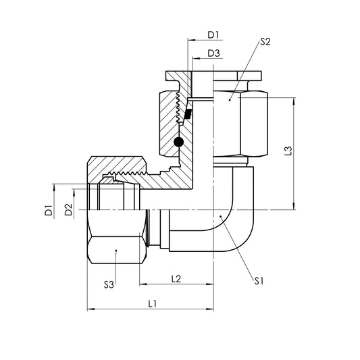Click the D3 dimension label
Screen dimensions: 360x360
(x=213, y=53)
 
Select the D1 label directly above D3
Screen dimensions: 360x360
(x=213, y=34)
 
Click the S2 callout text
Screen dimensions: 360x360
(x=265, y=42)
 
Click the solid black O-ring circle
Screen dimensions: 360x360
(x=179, y=142)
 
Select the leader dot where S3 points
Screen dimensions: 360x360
(x=116, y=251)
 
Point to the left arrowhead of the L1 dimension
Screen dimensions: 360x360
(x=91, y=311)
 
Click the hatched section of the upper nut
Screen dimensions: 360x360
(x=168, y=122)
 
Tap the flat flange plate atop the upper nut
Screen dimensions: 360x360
(x=216, y=78)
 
